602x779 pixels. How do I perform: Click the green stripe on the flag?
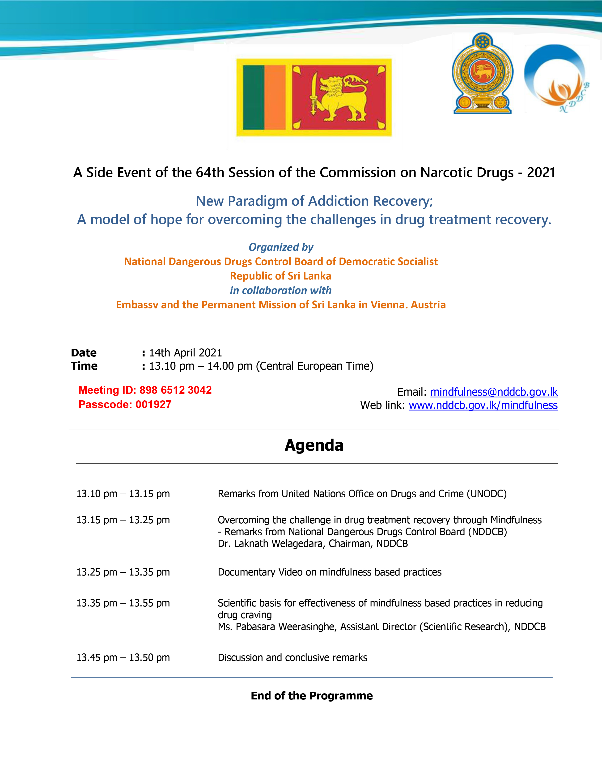point(254,97)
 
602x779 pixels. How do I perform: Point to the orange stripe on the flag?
point(275,97)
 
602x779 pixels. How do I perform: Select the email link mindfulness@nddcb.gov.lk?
point(494,392)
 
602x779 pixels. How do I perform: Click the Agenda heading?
point(314,445)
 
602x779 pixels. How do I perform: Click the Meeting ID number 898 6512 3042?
point(175,390)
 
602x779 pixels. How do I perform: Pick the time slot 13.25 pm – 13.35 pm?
point(123,572)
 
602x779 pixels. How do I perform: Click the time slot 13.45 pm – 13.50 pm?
point(123,657)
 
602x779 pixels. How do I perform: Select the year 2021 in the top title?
point(541,173)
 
